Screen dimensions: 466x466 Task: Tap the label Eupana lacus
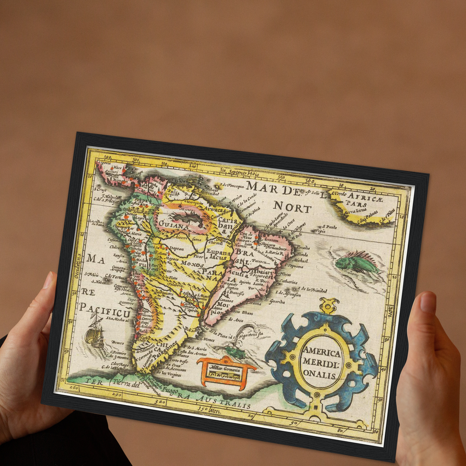point(219,254)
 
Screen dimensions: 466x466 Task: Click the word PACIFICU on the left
point(105,310)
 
